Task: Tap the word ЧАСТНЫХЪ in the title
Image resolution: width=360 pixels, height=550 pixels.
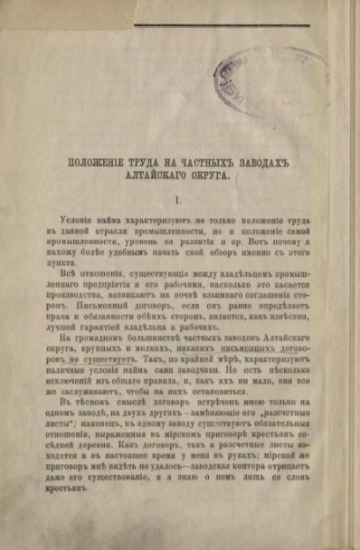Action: (194, 162)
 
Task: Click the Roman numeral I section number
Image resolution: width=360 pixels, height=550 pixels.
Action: (177, 198)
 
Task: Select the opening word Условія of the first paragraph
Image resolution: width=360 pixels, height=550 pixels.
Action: (75, 221)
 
